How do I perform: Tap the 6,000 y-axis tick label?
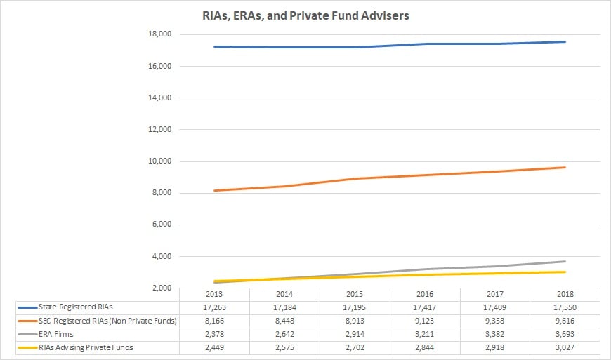[x=162, y=225]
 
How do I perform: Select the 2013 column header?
[x=214, y=294]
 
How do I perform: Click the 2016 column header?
[x=425, y=294]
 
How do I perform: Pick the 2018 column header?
[x=565, y=294]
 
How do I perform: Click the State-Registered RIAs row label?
[x=75, y=307]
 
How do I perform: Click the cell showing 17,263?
[x=214, y=307]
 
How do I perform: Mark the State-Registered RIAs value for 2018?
[x=565, y=307]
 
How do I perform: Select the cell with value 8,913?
[x=355, y=321]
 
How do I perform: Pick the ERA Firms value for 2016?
[x=425, y=334]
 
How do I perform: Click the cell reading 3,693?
[x=565, y=334]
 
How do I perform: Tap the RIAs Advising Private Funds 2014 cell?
[x=284, y=347]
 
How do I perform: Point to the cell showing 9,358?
[x=495, y=321]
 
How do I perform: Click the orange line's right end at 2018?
[x=565, y=167]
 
